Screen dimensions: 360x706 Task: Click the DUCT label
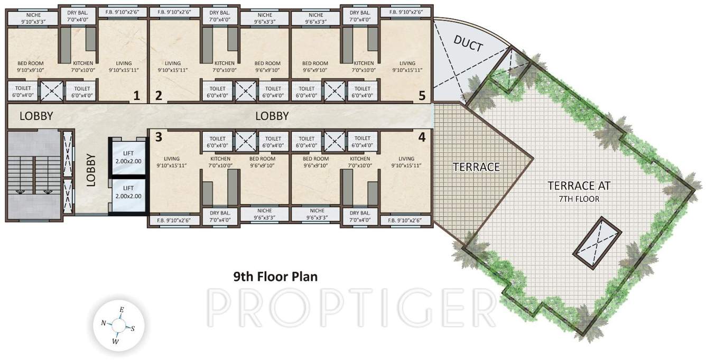[x=468, y=45]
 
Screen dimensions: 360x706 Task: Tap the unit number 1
[x=136, y=96]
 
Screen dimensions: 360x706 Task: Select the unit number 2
[x=158, y=96]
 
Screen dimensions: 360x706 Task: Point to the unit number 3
[x=158, y=137]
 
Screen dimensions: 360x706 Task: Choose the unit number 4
[x=421, y=137]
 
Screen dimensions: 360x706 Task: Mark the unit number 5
[x=421, y=96]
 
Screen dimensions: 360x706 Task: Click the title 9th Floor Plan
[x=275, y=276]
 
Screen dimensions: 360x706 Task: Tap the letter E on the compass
[x=122, y=310]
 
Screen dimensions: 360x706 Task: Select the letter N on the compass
[x=104, y=322]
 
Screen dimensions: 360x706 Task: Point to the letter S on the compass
[x=133, y=328]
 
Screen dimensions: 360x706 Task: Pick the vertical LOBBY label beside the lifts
[x=91, y=170]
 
